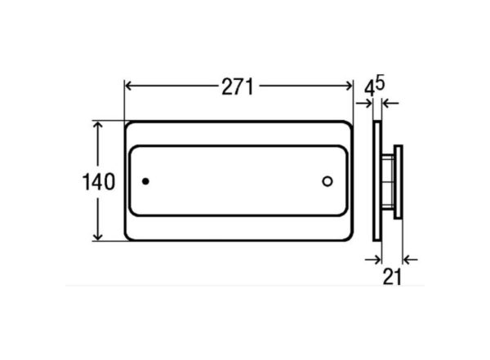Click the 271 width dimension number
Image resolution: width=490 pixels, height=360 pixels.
[x=237, y=87]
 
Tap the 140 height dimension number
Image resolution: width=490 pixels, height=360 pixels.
[x=99, y=182]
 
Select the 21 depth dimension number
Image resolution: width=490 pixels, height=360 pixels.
[x=392, y=277]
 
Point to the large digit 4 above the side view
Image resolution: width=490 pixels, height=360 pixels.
[x=370, y=90]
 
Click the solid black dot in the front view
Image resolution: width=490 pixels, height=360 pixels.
[x=145, y=181]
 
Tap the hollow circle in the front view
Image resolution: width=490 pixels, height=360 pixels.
[x=327, y=181]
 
